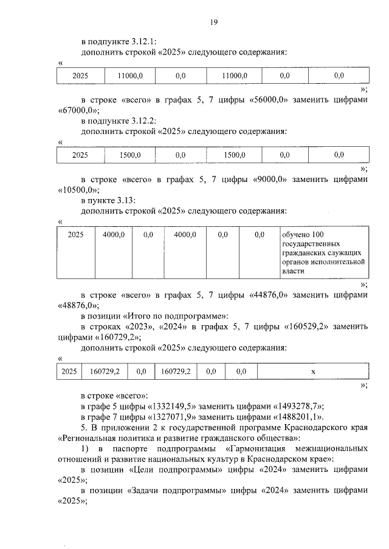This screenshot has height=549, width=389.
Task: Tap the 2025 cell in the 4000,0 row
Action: [75, 234]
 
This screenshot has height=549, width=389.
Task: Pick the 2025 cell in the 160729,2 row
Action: [69, 371]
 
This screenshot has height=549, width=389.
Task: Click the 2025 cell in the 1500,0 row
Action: [80, 155]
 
